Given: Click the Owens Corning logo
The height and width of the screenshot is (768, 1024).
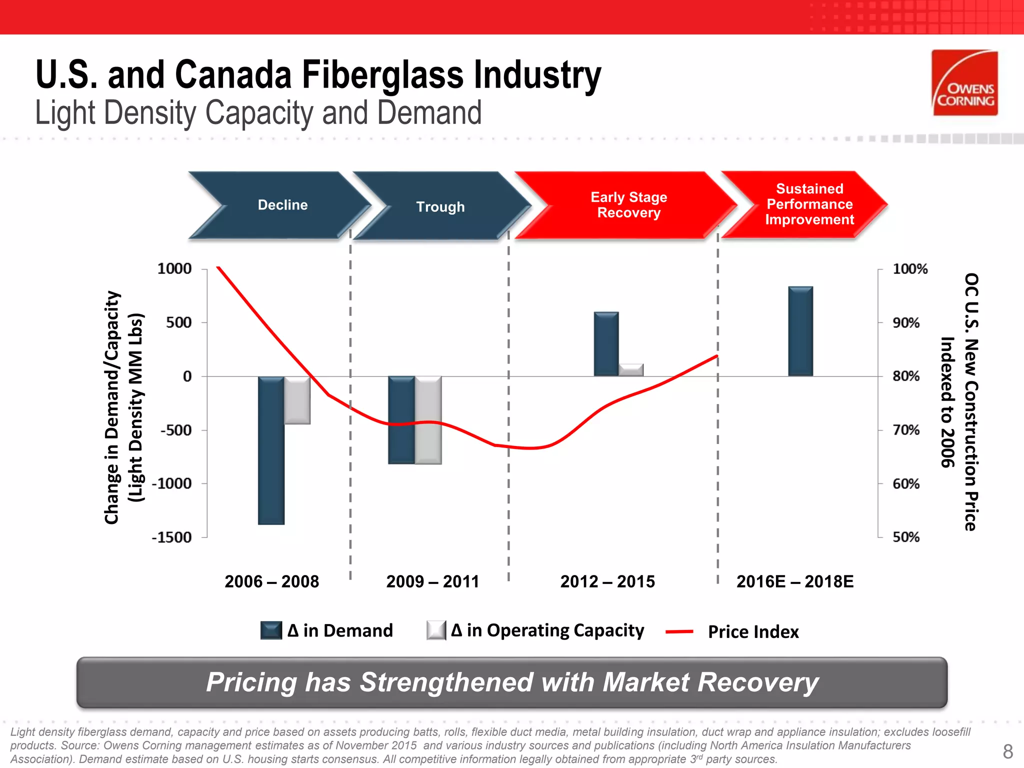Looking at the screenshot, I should click(x=964, y=83).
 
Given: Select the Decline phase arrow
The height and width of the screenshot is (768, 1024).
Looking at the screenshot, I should click(x=280, y=205).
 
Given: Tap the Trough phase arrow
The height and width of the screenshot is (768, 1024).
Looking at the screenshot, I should click(x=440, y=206).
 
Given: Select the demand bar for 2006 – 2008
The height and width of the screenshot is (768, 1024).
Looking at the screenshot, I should click(x=271, y=450).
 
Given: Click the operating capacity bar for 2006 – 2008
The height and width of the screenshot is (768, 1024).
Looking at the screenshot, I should click(x=297, y=400).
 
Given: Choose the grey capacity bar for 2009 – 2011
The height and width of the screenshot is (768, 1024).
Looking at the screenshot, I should click(x=428, y=420).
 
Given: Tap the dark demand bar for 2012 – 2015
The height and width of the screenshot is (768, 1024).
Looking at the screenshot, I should click(x=606, y=344).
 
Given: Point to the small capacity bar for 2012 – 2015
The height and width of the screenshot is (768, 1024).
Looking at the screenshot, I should click(x=631, y=370).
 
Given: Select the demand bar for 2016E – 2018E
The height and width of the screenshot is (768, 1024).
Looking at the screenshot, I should click(x=800, y=331).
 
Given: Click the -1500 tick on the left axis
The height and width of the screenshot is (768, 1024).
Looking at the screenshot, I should click(x=172, y=537).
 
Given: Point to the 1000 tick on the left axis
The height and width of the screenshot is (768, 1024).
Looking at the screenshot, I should click(x=174, y=269).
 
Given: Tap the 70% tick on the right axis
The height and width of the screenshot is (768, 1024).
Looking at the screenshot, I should click(x=906, y=430).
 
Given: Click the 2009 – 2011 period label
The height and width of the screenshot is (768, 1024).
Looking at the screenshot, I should click(x=432, y=581).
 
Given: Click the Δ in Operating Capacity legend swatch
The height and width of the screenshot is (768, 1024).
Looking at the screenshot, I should click(x=436, y=630).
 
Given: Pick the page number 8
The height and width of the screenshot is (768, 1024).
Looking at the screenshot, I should click(x=1007, y=751).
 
